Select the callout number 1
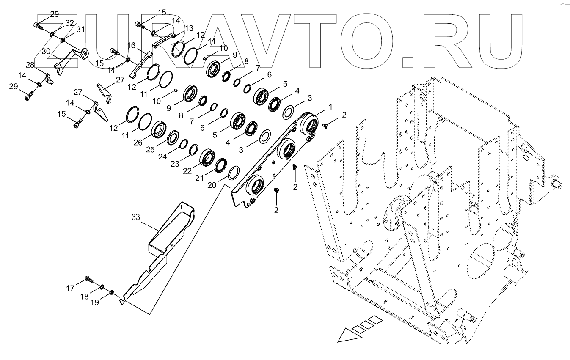(330, 106)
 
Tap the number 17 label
(70, 289)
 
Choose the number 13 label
(189, 28)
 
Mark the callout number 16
(131, 45)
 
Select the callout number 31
(80, 29)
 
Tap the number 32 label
(69, 22)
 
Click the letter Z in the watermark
(59, 40)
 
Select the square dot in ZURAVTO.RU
(407, 61)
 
